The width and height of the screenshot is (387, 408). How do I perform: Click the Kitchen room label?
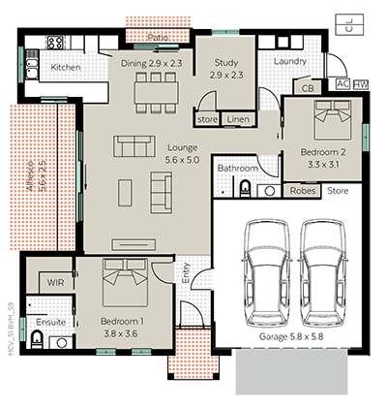65,68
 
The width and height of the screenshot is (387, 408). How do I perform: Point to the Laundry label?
290,62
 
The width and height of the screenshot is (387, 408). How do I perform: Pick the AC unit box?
342,84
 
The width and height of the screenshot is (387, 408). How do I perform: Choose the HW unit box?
361,84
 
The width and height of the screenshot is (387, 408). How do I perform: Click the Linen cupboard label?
236,119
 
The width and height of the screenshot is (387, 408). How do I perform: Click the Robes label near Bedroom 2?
304,192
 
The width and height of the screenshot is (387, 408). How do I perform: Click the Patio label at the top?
158,38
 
